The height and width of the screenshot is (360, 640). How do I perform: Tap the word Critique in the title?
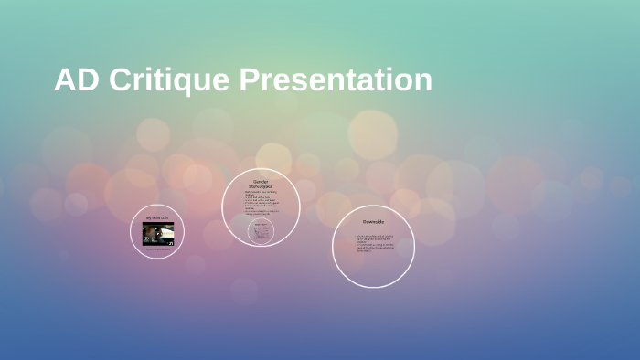pos(169,80)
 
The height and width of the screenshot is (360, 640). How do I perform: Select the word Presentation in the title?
pos(336,80)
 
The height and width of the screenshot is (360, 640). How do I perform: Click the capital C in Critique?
pos(120,80)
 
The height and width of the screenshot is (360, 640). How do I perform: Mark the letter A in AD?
pos(65,80)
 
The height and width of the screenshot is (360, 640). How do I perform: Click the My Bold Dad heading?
pos(157,217)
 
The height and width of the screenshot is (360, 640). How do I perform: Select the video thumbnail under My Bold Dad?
pos(157,233)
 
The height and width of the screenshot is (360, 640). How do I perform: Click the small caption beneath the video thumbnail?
pos(157,248)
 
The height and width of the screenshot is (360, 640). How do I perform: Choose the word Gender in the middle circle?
pos(261,181)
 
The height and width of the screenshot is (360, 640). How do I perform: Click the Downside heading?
pos(373,222)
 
